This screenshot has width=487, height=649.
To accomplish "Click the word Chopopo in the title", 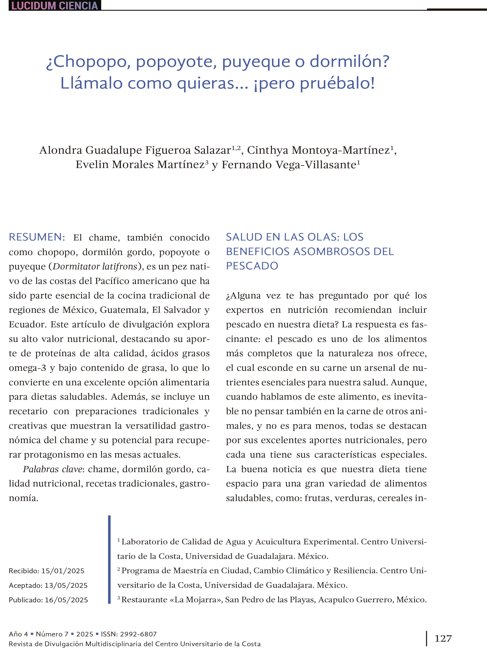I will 88,62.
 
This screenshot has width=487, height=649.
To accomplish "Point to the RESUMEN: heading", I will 37,237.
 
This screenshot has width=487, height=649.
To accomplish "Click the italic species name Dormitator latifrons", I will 95,266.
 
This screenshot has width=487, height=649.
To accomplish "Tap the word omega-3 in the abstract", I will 28,368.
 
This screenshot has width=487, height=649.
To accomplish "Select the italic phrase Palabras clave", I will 53,469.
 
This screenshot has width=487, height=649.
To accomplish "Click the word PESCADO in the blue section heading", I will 252,266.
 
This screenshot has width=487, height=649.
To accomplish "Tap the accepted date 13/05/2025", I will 66,585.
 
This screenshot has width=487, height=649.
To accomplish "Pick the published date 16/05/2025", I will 66,600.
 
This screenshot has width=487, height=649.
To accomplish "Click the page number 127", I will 443,638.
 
